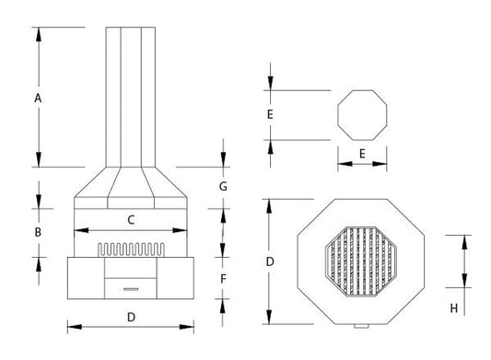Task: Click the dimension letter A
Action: coord(38,99)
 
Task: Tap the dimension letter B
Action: coord(38,232)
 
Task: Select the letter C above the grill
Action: coord(131,220)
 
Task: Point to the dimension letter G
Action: coord(223,187)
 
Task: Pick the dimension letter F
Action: coord(223,279)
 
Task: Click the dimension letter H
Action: coord(454,308)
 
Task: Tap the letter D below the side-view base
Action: coord(131,318)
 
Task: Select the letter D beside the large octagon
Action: coord(270,261)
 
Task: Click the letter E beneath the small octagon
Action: coord(362,154)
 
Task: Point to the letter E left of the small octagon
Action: coord(270,114)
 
